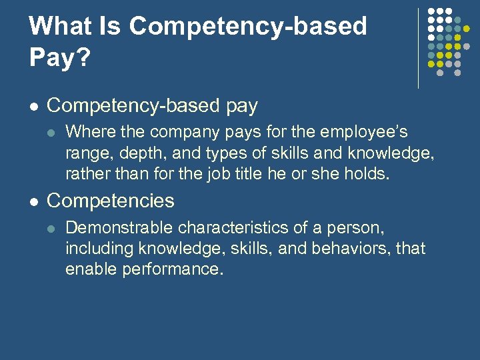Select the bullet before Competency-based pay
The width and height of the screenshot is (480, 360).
(x=34, y=107)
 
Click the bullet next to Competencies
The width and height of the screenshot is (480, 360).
(x=34, y=201)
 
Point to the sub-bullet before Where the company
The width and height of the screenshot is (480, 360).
(x=52, y=133)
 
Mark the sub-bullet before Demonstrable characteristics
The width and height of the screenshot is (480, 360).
(x=52, y=229)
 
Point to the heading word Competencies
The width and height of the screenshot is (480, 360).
(x=111, y=201)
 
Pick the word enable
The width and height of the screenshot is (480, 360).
(x=87, y=270)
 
